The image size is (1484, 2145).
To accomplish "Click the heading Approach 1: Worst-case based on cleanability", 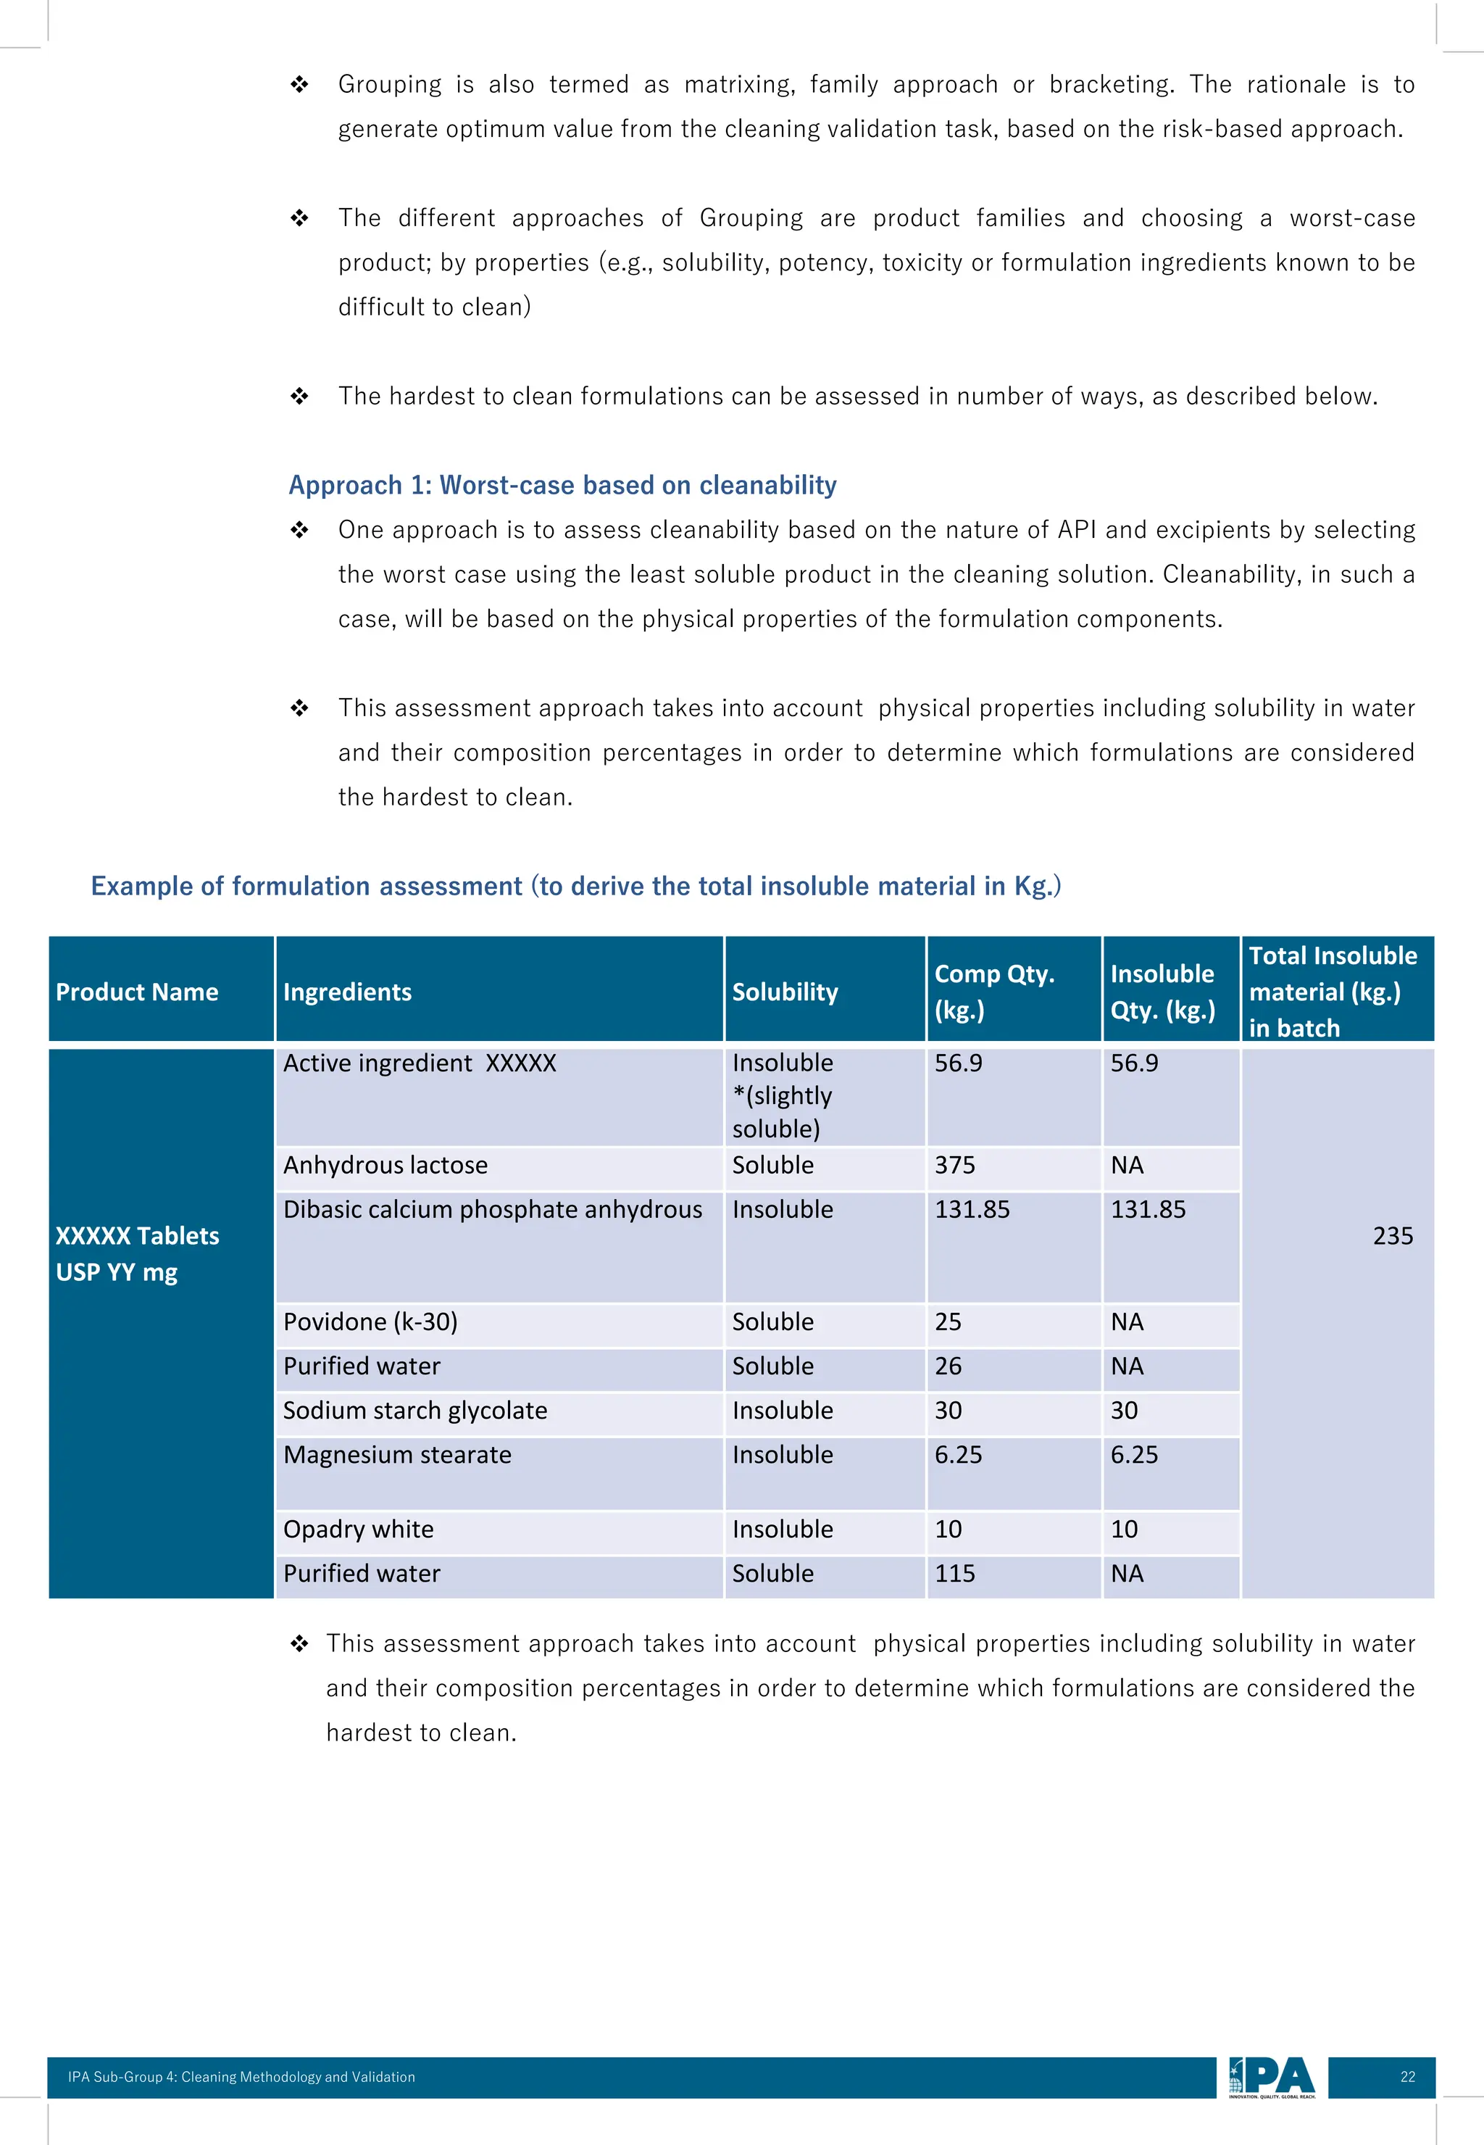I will coord(562,485).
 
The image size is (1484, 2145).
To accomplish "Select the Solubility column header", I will coord(784,992).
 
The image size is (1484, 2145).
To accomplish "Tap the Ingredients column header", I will coord(347,992).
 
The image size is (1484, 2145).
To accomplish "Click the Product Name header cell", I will coord(137,992).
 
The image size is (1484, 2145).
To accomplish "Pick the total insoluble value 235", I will coord(1392,1235).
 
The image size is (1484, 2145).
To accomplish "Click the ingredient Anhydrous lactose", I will coord(385,1165).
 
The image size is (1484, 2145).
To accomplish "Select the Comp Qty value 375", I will coord(955,1165).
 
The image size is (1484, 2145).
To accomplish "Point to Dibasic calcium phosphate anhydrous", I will coord(492,1209).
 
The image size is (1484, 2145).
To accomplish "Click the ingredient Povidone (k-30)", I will coord(370,1322).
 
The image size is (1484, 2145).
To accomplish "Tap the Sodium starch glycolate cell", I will coord(414,1410).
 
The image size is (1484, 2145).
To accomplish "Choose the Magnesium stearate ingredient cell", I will coord(397,1455).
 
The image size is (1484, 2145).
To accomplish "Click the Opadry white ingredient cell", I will coord(358,1530).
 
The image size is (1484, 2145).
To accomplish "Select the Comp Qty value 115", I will coord(955,1574).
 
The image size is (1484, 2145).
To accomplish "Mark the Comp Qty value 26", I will coord(948,1366).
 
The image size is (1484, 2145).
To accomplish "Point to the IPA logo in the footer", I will coord(1271,2077).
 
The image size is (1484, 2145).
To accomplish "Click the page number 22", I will coord(1406,2077).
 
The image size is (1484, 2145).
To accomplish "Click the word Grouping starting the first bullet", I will coord(390,85).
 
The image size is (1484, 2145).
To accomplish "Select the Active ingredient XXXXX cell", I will coord(420,1063).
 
